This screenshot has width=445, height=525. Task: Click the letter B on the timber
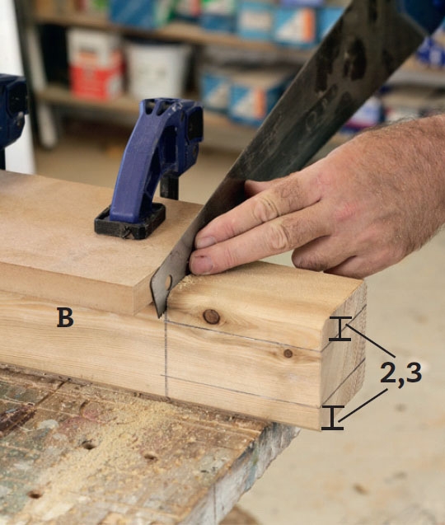tap(65, 317)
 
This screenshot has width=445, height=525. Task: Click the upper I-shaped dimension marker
tap(340, 329)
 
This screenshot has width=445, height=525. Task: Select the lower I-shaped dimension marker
tap(332, 417)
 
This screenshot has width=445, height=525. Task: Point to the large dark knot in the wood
tap(211, 316)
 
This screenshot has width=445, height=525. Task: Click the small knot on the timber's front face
tap(288, 353)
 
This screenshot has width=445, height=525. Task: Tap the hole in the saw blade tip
tap(168, 282)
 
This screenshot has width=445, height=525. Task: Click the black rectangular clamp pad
tap(130, 222)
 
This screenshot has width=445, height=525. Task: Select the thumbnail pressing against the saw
tap(201, 264)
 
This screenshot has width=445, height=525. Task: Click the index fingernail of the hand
tap(205, 241)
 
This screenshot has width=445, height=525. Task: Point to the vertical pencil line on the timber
tap(166, 358)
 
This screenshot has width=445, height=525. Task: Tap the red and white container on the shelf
tap(96, 64)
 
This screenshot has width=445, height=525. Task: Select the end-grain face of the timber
tap(342, 355)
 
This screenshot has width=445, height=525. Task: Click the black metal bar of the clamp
tap(169, 189)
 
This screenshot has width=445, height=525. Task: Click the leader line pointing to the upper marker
tap(372, 340)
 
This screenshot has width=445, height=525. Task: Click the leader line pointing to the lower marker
tap(363, 405)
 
